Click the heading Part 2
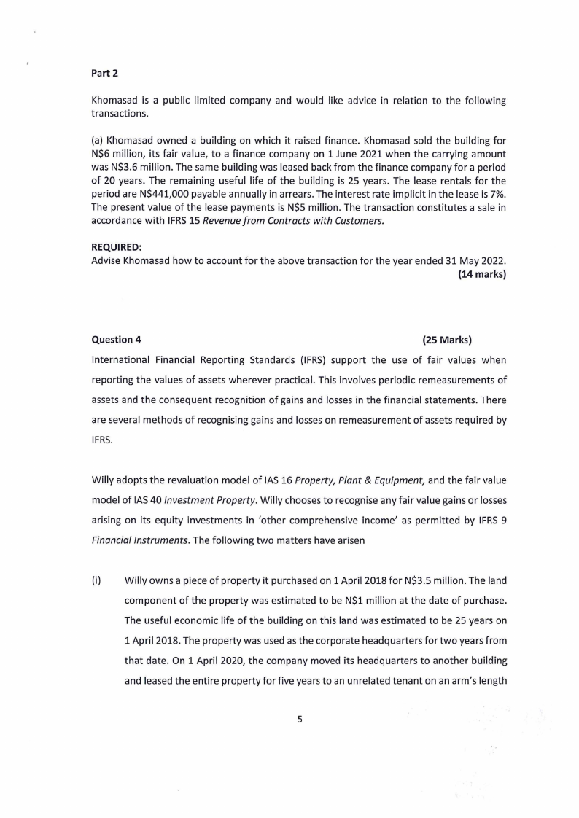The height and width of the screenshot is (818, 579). [x=104, y=72]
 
